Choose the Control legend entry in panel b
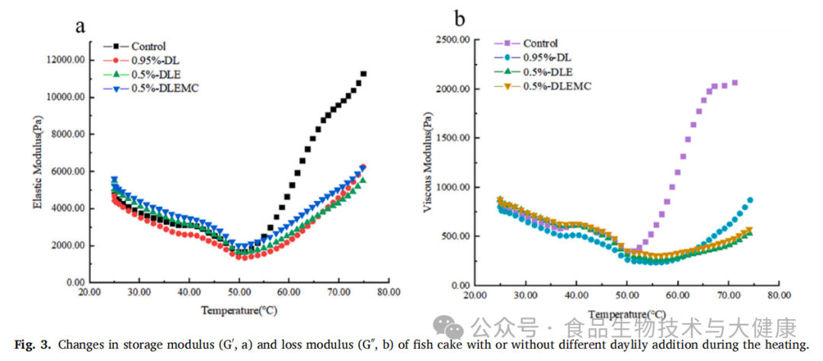(x=540, y=43)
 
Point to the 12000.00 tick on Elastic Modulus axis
(x=67, y=60)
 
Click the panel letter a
(x=79, y=27)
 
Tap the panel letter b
(x=460, y=17)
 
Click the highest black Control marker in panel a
(x=363, y=74)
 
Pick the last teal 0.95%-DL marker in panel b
(x=750, y=200)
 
